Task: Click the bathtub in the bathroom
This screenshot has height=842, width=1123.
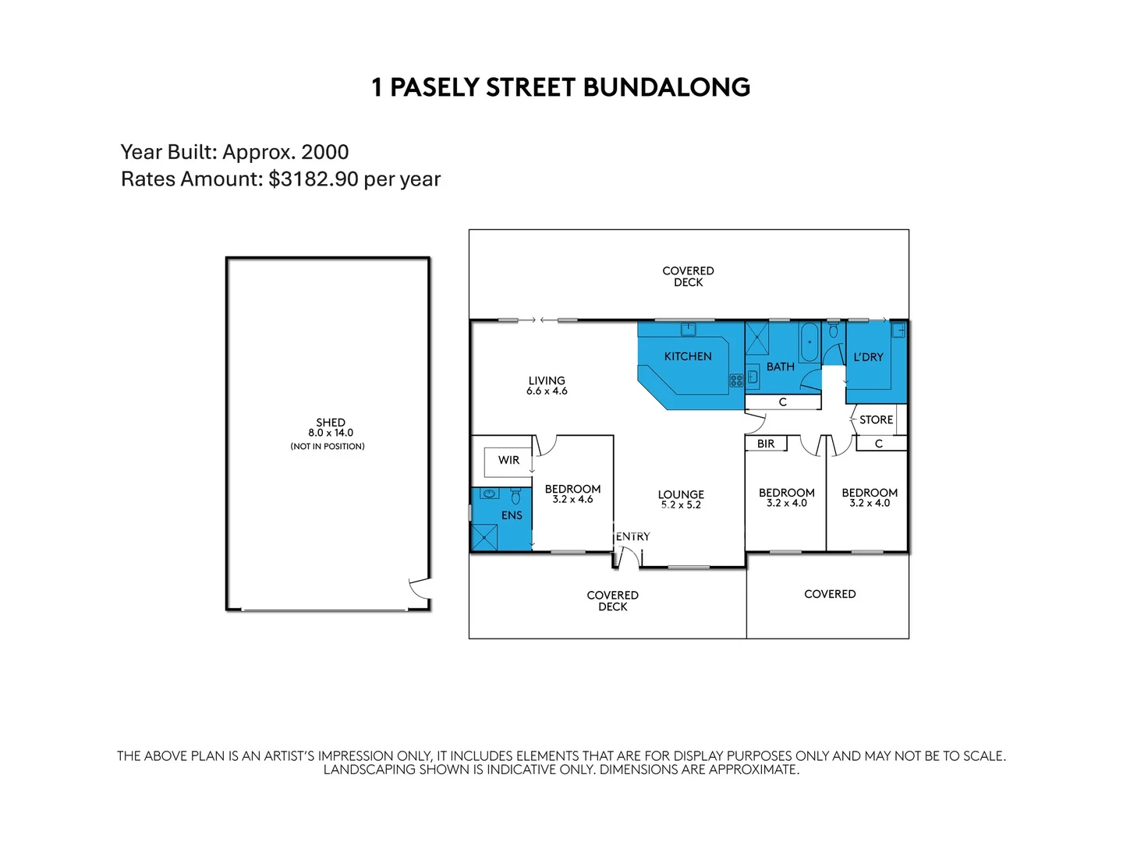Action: pos(809,341)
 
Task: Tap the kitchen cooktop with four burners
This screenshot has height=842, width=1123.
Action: pos(735,380)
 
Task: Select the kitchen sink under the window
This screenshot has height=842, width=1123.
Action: pos(688,330)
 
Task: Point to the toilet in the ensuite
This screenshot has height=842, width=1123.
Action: pos(515,496)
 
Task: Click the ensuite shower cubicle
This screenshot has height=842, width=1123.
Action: pos(485,537)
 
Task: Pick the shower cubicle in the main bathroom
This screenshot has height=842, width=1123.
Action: pos(757,339)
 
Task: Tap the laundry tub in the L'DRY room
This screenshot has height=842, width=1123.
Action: pos(898,330)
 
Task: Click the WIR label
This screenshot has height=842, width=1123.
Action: pos(508,460)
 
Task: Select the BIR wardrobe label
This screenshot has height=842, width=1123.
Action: pos(766,444)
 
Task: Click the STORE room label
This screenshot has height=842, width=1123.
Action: pos(876,419)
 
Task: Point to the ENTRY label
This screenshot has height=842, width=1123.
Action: pos(632,536)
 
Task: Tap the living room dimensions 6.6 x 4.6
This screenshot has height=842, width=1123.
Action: pos(547,391)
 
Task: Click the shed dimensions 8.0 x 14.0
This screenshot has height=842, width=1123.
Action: pos(331,433)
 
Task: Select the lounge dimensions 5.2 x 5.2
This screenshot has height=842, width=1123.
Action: pos(681,504)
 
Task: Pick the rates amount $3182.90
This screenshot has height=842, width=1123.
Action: pos(314,179)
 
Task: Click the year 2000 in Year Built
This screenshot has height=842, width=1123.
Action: pos(324,152)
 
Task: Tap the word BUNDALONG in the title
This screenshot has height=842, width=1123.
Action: pos(666,87)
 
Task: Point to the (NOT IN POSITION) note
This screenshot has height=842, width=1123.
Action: pos(328,447)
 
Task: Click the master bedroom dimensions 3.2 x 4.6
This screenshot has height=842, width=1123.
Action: pos(572,500)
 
